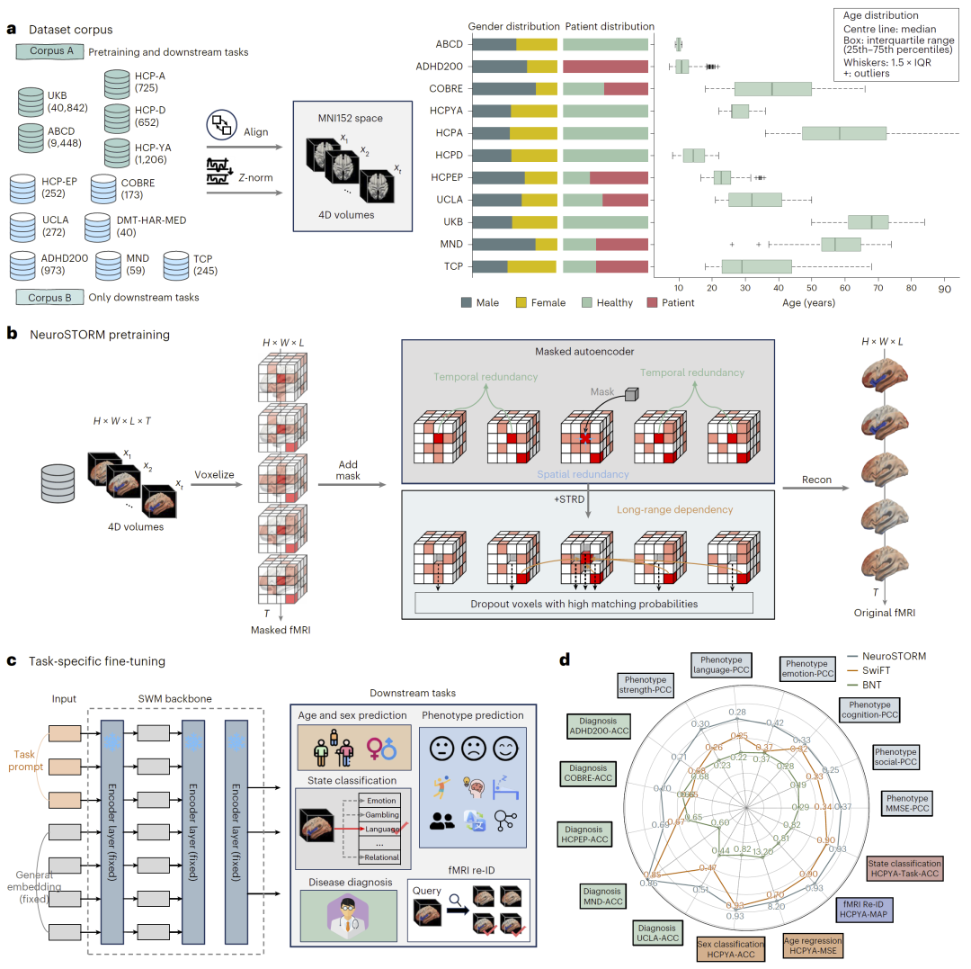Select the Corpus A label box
(x=51, y=51)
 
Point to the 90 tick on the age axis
(x=944, y=291)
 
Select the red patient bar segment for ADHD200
(x=605, y=66)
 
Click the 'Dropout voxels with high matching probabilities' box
(x=584, y=602)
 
